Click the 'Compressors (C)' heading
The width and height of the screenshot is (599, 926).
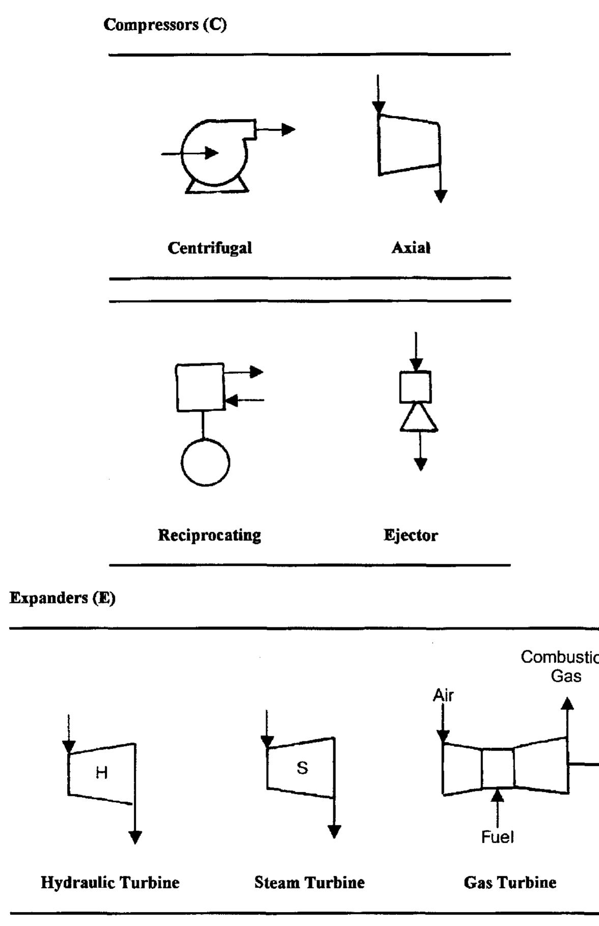pyautogui.click(x=165, y=24)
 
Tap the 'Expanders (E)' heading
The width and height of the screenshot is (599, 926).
pyautogui.click(x=63, y=598)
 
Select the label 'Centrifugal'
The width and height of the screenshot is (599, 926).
pyautogui.click(x=210, y=248)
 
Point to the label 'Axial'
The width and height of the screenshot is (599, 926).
pyautogui.click(x=411, y=248)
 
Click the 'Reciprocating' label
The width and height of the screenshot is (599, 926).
pyautogui.click(x=209, y=535)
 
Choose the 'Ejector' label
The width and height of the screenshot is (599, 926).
pyautogui.click(x=410, y=535)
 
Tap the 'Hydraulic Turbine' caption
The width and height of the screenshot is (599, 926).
pyautogui.click(x=110, y=882)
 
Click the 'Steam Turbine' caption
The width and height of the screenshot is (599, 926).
pyautogui.click(x=309, y=882)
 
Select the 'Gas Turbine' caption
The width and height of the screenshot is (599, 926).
pyautogui.click(x=510, y=882)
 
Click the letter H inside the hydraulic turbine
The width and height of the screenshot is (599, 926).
pyautogui.click(x=102, y=773)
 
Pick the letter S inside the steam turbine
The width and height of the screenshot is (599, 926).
pyautogui.click(x=302, y=768)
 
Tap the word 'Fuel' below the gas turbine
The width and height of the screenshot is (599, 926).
pyautogui.click(x=497, y=837)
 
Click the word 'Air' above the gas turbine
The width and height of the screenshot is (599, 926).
pyautogui.click(x=443, y=696)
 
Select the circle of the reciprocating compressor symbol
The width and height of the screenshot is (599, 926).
pyautogui.click(x=206, y=462)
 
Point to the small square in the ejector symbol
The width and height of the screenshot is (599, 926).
pyautogui.click(x=415, y=387)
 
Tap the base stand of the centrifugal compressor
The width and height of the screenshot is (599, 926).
pyautogui.click(x=217, y=187)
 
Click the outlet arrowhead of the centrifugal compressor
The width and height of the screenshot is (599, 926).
pyautogui.click(x=289, y=129)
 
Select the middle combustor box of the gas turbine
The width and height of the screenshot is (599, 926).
pyautogui.click(x=498, y=768)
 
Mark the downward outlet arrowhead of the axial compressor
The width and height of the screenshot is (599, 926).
pyautogui.click(x=441, y=196)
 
